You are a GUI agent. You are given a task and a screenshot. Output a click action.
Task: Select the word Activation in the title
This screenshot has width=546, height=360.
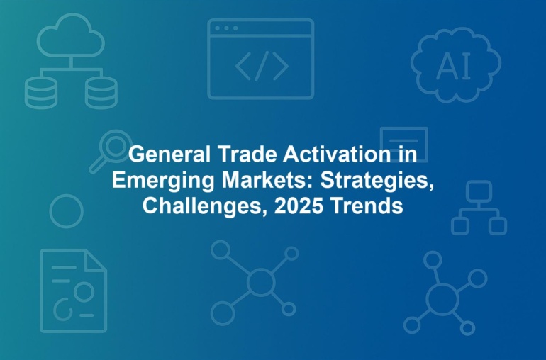pyautogui.click(x=337, y=154)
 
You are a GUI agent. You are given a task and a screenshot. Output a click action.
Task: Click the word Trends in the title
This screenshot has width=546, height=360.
pyautogui.click(x=367, y=206)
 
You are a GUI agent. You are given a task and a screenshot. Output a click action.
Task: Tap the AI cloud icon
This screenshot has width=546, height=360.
pyautogui.click(x=455, y=64)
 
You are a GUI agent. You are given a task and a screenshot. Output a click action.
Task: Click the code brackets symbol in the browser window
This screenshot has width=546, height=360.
pyautogui.click(x=262, y=66)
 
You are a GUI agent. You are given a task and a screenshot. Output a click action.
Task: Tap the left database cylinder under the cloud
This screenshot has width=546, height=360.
pyautogui.click(x=41, y=94)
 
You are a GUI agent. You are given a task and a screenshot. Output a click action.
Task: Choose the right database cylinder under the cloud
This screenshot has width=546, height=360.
pyautogui.click(x=101, y=94)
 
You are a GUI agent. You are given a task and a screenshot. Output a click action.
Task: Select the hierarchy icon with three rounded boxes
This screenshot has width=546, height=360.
pyautogui.click(x=479, y=208)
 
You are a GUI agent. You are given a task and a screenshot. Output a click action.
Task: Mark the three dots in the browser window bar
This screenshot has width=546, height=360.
pyautogui.click(x=226, y=28)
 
